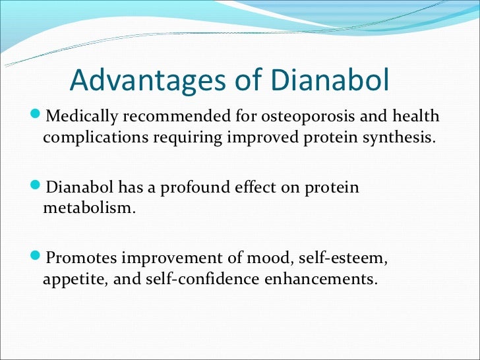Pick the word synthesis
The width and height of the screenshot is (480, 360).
point(404,138)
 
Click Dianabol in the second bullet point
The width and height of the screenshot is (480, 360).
point(78,187)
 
